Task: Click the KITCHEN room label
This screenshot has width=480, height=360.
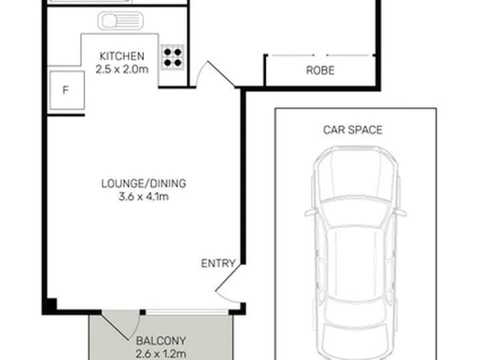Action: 122,56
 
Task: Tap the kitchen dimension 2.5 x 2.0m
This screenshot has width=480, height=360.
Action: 122,69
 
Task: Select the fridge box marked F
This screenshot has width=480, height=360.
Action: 67,90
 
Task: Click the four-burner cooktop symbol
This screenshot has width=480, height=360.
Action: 173,57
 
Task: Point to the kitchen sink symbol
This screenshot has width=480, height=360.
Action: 121,21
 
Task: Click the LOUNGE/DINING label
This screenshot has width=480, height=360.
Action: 143,184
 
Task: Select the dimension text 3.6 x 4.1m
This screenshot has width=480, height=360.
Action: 143,197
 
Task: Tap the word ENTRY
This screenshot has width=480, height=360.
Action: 218,263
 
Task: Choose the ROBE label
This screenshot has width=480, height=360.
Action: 320,71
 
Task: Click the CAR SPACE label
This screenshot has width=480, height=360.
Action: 353,130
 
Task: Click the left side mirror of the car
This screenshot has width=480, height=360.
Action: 310,213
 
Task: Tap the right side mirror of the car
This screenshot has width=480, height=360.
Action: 401,213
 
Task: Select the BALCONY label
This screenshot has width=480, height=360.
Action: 161,341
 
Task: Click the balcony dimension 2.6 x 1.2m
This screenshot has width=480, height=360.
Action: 161,354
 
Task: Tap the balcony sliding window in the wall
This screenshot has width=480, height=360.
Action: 187,313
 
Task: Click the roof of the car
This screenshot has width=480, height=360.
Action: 355,263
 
